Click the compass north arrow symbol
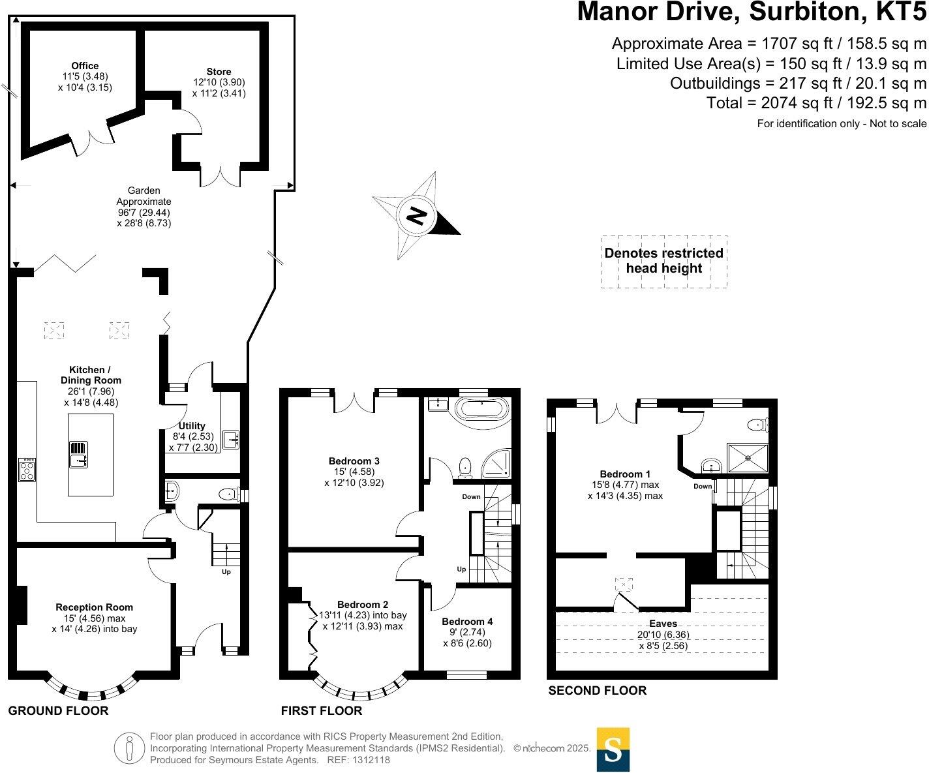point(416,215)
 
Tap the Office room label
point(85,66)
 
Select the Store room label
point(219,72)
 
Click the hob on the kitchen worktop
point(27,470)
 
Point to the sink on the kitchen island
point(78,455)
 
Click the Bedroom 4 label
point(467,622)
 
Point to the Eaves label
point(663,624)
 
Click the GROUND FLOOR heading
point(58,710)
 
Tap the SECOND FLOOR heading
point(597,690)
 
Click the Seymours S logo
point(613,750)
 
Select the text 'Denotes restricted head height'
point(663,261)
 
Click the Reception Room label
point(94,607)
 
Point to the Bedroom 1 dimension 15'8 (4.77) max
point(624,485)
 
